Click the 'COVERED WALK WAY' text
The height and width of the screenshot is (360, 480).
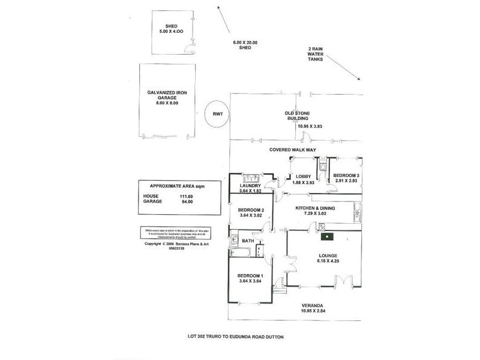293,149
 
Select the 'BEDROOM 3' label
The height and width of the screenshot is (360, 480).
345,176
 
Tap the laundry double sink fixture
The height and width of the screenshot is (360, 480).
250,178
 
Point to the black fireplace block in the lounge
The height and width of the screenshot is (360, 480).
322,227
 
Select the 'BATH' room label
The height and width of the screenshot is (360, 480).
248,241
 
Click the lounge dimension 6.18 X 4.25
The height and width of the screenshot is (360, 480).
328,261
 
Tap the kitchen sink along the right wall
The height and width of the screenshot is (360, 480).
358,212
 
